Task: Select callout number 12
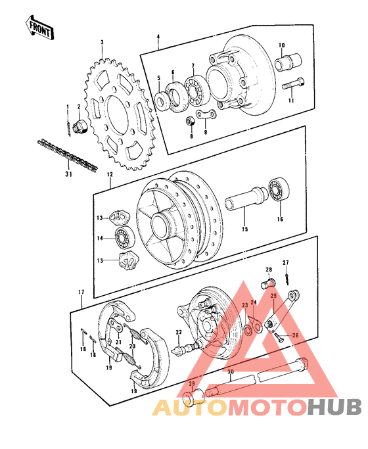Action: tap(110, 175)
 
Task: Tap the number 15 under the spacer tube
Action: tap(245, 229)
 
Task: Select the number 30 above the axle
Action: tap(230, 371)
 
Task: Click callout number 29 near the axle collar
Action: tap(192, 385)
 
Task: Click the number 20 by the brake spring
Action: tap(131, 345)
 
